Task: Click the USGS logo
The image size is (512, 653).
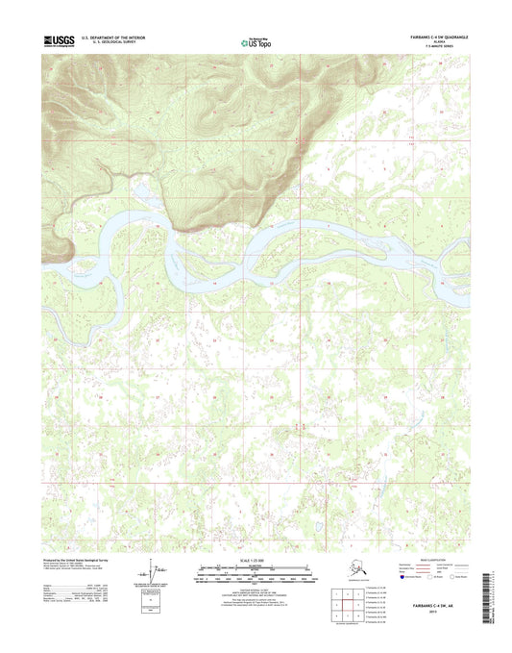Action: pyautogui.click(x=58, y=41)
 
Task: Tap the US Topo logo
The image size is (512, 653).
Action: pyautogui.click(x=255, y=42)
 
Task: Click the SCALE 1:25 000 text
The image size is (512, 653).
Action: pyautogui.click(x=256, y=560)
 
